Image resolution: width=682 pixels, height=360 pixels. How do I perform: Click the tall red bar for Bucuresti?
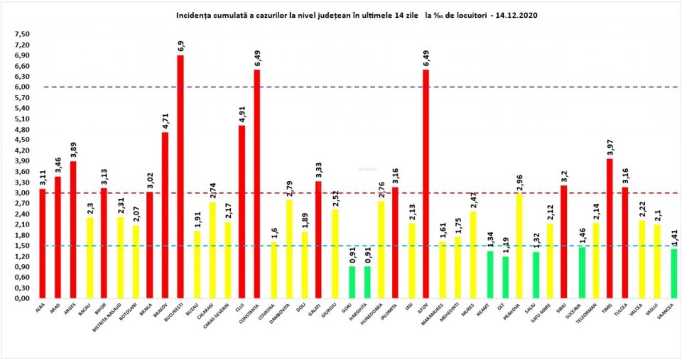pyautogui.click(x=180, y=178)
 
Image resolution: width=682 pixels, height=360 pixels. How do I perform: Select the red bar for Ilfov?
pyautogui.click(x=426, y=185)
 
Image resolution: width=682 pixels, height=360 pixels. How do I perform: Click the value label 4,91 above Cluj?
pyautogui.click(x=242, y=114)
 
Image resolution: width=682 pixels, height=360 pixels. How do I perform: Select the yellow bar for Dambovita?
pyautogui.click(x=288, y=249)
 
